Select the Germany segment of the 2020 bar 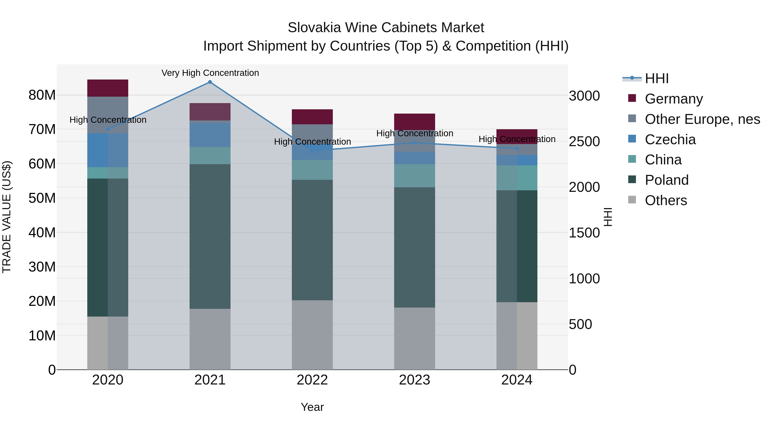(108, 88)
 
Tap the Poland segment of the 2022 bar (312, 240)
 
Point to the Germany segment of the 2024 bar (517, 137)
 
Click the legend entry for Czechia (670, 140)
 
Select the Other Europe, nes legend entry (702, 119)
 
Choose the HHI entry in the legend (656, 78)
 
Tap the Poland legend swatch (632, 180)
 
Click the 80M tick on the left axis (42, 95)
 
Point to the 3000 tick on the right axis (584, 96)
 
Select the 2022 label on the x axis (312, 380)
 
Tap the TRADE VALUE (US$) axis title (7, 217)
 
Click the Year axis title (312, 407)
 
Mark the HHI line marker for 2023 (415, 143)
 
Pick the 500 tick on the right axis (580, 324)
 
